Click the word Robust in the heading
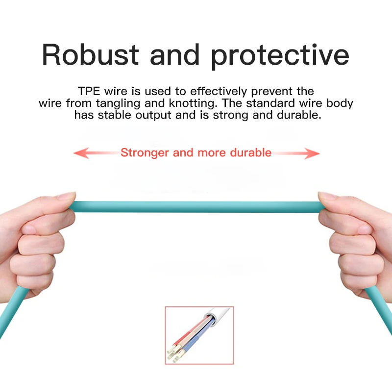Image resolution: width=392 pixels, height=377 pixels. [x=90, y=54]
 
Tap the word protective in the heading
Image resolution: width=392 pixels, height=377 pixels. [x=280, y=56]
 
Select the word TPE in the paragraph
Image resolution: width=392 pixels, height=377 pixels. [x=89, y=91]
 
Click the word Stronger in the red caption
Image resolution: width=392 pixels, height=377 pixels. [x=145, y=153]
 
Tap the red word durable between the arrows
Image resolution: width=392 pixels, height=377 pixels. [x=250, y=152]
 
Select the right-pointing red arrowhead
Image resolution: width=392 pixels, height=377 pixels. [x=312, y=153]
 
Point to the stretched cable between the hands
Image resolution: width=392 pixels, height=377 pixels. [x=197, y=207]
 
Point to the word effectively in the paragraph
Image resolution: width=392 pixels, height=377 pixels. [x=219, y=92]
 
